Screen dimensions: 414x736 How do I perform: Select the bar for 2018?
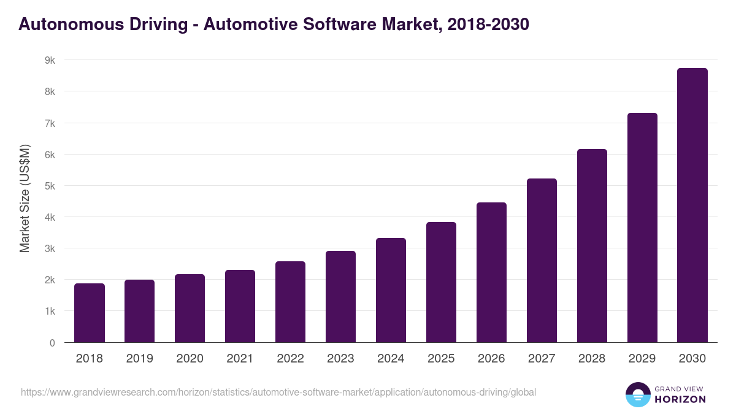(x=90, y=313)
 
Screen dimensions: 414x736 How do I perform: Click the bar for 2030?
(x=692, y=205)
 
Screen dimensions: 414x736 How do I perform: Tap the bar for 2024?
(x=391, y=290)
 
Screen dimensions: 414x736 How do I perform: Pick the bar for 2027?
(x=542, y=261)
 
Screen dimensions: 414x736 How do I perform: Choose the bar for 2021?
(x=240, y=306)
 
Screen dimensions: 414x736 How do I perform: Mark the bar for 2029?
(x=642, y=228)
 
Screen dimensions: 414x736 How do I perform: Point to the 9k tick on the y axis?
(x=50, y=60)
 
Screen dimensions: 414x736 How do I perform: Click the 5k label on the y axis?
(x=50, y=186)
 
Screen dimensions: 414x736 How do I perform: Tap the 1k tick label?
(x=50, y=312)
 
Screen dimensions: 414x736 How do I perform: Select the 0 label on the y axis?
(x=52, y=343)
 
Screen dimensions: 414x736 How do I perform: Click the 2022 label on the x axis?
(x=290, y=359)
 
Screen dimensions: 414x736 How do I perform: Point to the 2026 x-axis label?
(x=491, y=359)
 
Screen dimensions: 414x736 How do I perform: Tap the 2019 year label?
(x=140, y=359)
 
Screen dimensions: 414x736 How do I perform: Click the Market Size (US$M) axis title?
(x=25, y=198)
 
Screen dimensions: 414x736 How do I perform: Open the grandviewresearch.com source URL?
(x=278, y=392)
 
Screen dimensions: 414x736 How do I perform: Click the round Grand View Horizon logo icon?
(x=637, y=394)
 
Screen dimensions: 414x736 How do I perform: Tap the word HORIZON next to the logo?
(x=680, y=399)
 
